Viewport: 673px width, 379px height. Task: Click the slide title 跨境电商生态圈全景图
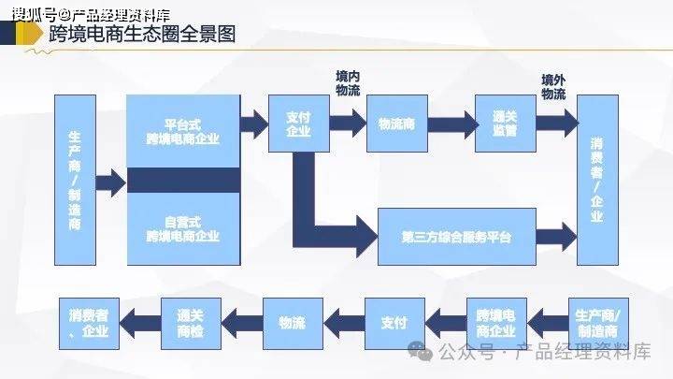coord(142,36)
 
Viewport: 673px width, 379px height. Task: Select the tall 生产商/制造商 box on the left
coord(76,180)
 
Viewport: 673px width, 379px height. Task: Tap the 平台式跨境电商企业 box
coord(183,131)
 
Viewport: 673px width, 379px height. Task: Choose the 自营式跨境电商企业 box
coord(183,229)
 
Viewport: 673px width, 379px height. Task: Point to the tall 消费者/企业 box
coord(597,180)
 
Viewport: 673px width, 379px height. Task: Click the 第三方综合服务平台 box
coord(457,236)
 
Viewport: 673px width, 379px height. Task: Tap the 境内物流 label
coord(348,82)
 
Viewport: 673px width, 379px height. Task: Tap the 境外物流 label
coord(553,86)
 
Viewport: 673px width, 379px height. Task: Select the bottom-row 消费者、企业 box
coord(88,324)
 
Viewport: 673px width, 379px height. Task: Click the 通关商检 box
coord(191,324)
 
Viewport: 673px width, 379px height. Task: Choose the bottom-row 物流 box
coord(292,324)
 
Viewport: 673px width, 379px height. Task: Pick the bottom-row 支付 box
coord(394,324)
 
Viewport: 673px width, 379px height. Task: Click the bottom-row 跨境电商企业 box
coord(495,324)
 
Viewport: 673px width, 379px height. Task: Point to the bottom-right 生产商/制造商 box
coord(597,324)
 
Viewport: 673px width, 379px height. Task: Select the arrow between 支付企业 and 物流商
coord(347,123)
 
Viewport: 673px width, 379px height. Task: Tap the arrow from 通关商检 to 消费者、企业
coord(139,324)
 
